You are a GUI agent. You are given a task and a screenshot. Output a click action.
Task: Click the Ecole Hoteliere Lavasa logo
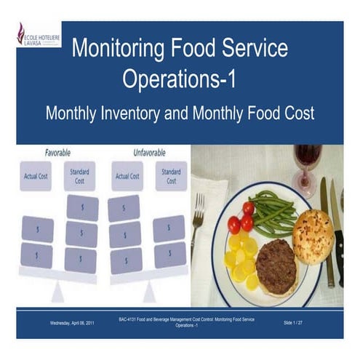[38, 35]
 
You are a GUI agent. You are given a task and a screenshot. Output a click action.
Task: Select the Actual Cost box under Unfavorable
[127, 177]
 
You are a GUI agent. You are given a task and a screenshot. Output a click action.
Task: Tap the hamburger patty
[276, 265]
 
